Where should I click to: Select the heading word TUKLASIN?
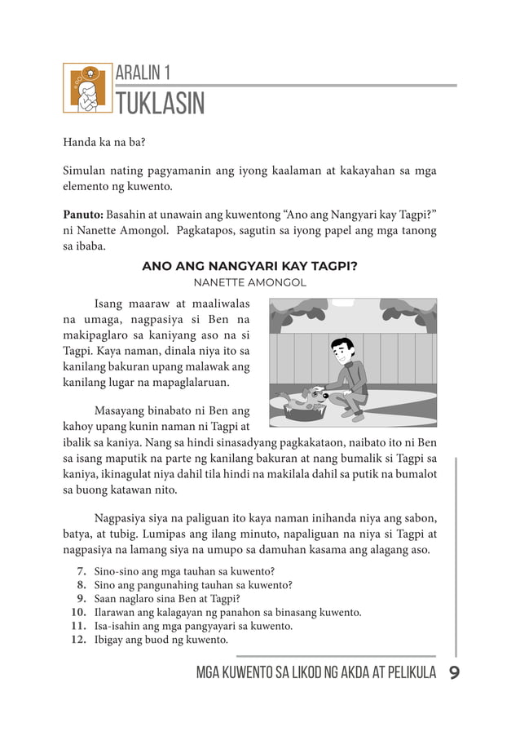(161, 105)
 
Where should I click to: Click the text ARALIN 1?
(143, 73)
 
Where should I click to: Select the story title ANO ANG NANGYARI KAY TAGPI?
(250, 267)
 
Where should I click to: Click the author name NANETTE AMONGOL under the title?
(249, 282)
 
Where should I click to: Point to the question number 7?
(82, 570)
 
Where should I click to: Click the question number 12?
(78, 640)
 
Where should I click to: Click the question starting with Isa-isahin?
(193, 626)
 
